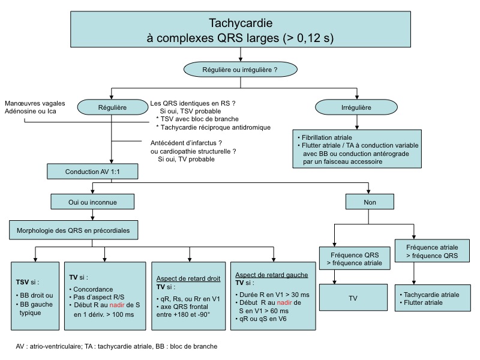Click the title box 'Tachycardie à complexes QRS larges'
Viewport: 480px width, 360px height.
click(x=240, y=31)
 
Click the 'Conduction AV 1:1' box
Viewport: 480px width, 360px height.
click(x=93, y=172)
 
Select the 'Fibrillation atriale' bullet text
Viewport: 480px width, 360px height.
click(x=324, y=137)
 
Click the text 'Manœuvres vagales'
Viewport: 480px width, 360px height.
click(x=34, y=103)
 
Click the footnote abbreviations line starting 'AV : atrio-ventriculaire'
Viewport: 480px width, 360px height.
click(x=116, y=347)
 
